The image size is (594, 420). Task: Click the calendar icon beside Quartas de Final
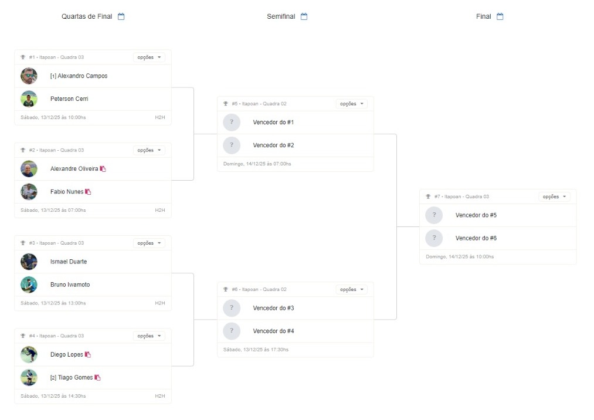pyautogui.click(x=121, y=16)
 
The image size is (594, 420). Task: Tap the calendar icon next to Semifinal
pyautogui.click(x=304, y=16)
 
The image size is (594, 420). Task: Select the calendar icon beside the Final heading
pyautogui.click(x=500, y=16)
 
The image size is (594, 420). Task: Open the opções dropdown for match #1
pyautogui.click(x=149, y=57)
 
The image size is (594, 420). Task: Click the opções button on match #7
pyautogui.click(x=554, y=197)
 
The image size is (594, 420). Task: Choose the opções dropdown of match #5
pyautogui.click(x=352, y=104)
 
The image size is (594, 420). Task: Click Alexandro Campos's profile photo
pyautogui.click(x=29, y=76)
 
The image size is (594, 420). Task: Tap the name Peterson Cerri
pyautogui.click(x=69, y=99)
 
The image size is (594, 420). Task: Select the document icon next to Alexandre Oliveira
pyautogui.click(x=103, y=169)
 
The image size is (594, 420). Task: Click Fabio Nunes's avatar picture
pyautogui.click(x=29, y=192)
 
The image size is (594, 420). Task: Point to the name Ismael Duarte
pyautogui.click(x=69, y=262)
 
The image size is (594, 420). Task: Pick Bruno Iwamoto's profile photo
pyautogui.click(x=29, y=284)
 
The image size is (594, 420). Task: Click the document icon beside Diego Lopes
pyautogui.click(x=88, y=354)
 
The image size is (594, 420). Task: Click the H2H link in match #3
pyautogui.click(x=160, y=303)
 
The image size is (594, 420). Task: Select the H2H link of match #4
pyautogui.click(x=160, y=396)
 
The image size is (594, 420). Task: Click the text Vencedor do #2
pyautogui.click(x=273, y=145)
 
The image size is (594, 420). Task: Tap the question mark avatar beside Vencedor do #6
pyautogui.click(x=434, y=238)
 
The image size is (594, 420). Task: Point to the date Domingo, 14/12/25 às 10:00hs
pyautogui.click(x=460, y=257)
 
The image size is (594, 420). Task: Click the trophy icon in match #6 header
pyautogui.click(x=226, y=289)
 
